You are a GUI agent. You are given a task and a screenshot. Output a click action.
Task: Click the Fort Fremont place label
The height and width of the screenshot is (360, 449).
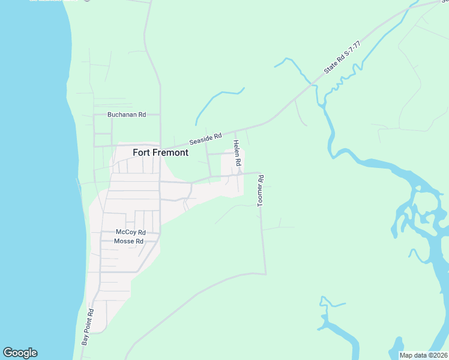point(160,152)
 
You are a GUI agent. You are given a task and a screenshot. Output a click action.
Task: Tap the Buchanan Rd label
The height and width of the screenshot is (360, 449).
point(127,115)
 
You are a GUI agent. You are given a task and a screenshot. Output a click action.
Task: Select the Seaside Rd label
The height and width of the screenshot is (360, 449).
point(206,139)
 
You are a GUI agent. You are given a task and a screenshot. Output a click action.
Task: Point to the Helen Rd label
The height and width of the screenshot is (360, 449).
point(237,153)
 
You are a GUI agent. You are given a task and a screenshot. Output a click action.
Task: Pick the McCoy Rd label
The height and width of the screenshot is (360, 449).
point(131,232)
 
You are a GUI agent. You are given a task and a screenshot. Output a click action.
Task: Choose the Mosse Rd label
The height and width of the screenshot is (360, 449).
point(128,241)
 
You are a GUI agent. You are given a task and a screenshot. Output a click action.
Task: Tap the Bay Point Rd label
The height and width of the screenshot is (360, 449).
point(88,327)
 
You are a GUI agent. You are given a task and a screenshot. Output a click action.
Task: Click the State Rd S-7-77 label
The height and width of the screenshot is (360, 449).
point(342,58)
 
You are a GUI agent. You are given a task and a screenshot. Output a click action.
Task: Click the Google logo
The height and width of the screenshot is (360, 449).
point(20,353)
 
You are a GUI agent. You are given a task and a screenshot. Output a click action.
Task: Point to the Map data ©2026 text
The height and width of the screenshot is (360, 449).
point(423,355)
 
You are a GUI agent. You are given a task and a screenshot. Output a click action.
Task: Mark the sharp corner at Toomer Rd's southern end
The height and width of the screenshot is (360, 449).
point(265,274)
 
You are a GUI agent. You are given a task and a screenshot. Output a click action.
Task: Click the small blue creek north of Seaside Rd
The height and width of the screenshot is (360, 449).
point(219,96)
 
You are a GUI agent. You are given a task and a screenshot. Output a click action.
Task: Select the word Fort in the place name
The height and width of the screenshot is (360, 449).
point(140,152)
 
